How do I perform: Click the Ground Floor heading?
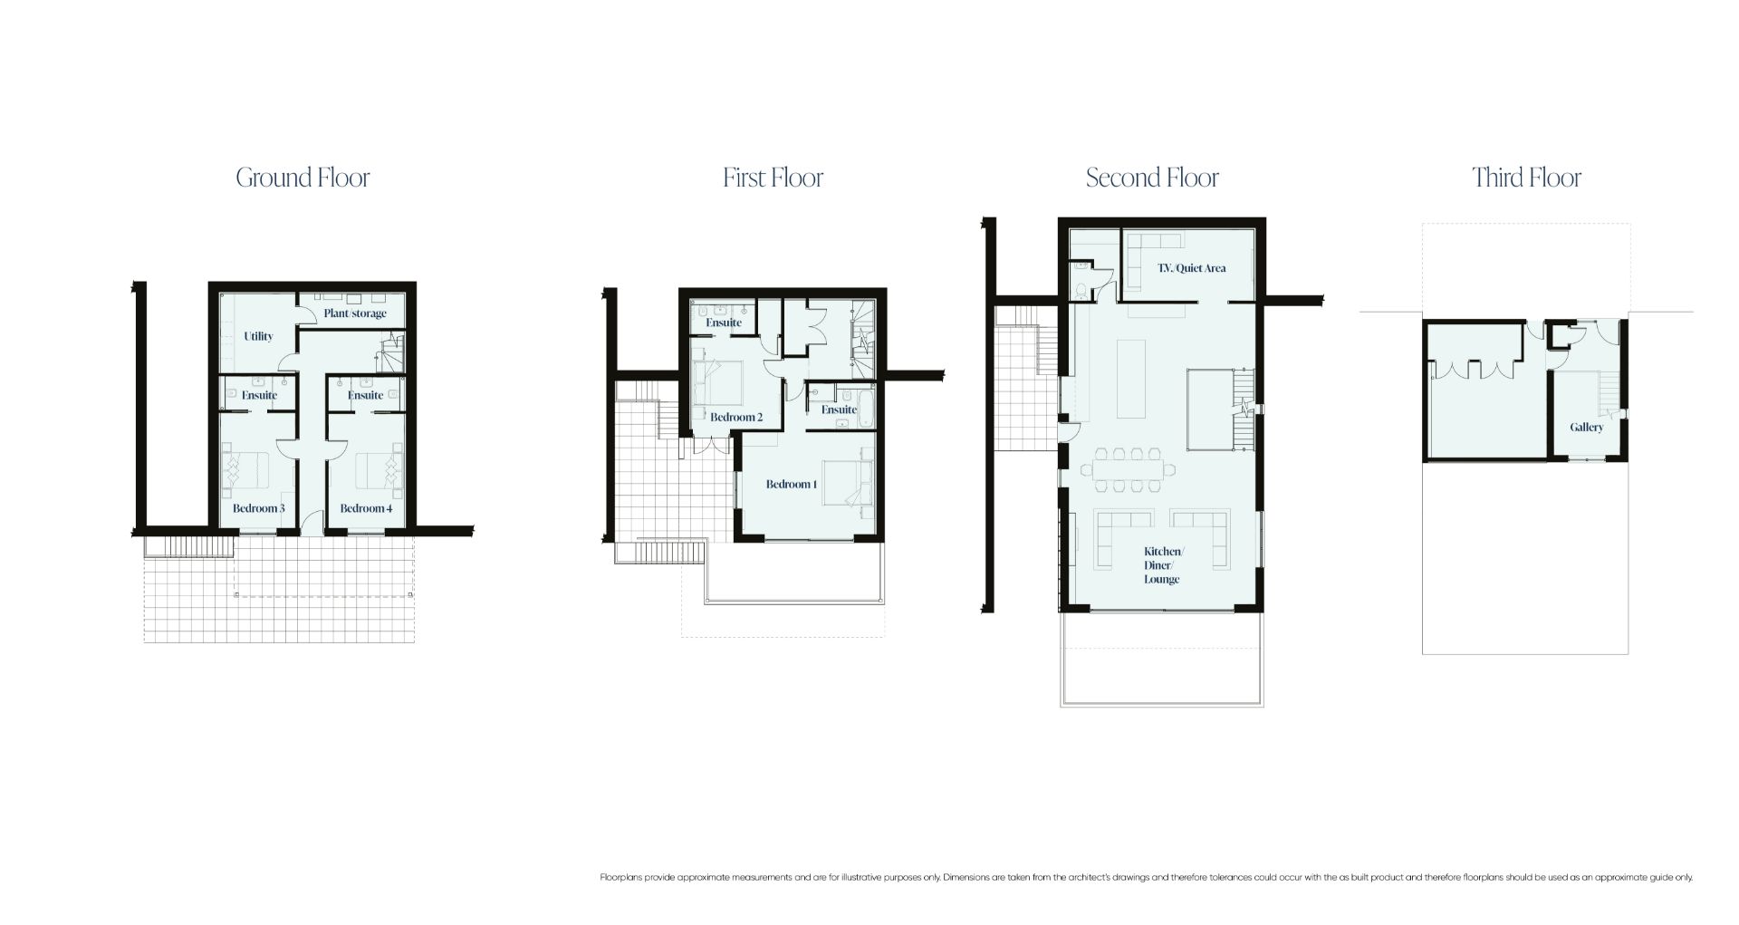click(303, 178)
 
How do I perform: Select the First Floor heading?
click(773, 178)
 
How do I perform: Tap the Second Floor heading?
click(1152, 178)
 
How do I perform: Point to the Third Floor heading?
click(1526, 178)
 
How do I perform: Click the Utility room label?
click(258, 336)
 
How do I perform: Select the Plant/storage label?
click(355, 313)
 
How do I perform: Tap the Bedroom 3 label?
click(258, 508)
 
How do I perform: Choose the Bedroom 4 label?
click(366, 508)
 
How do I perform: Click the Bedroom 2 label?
click(736, 417)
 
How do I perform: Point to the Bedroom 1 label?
click(792, 484)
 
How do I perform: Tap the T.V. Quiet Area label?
click(1192, 268)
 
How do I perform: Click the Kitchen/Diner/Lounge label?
click(1162, 565)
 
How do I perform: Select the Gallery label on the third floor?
click(1587, 427)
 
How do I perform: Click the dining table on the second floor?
click(1129, 468)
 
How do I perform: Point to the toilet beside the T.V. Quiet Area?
click(1082, 289)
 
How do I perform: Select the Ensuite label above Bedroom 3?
click(259, 395)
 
